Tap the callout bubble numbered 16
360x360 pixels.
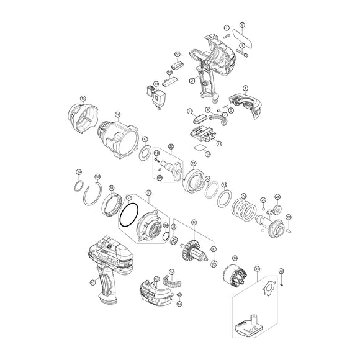[117, 114]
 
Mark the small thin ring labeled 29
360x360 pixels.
[79, 184]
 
